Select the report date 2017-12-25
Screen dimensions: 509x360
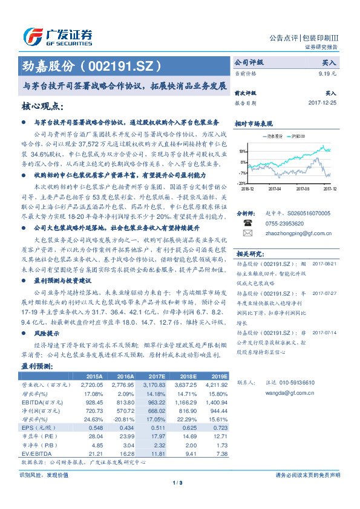[322, 103]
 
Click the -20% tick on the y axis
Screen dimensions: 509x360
[241, 183]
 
